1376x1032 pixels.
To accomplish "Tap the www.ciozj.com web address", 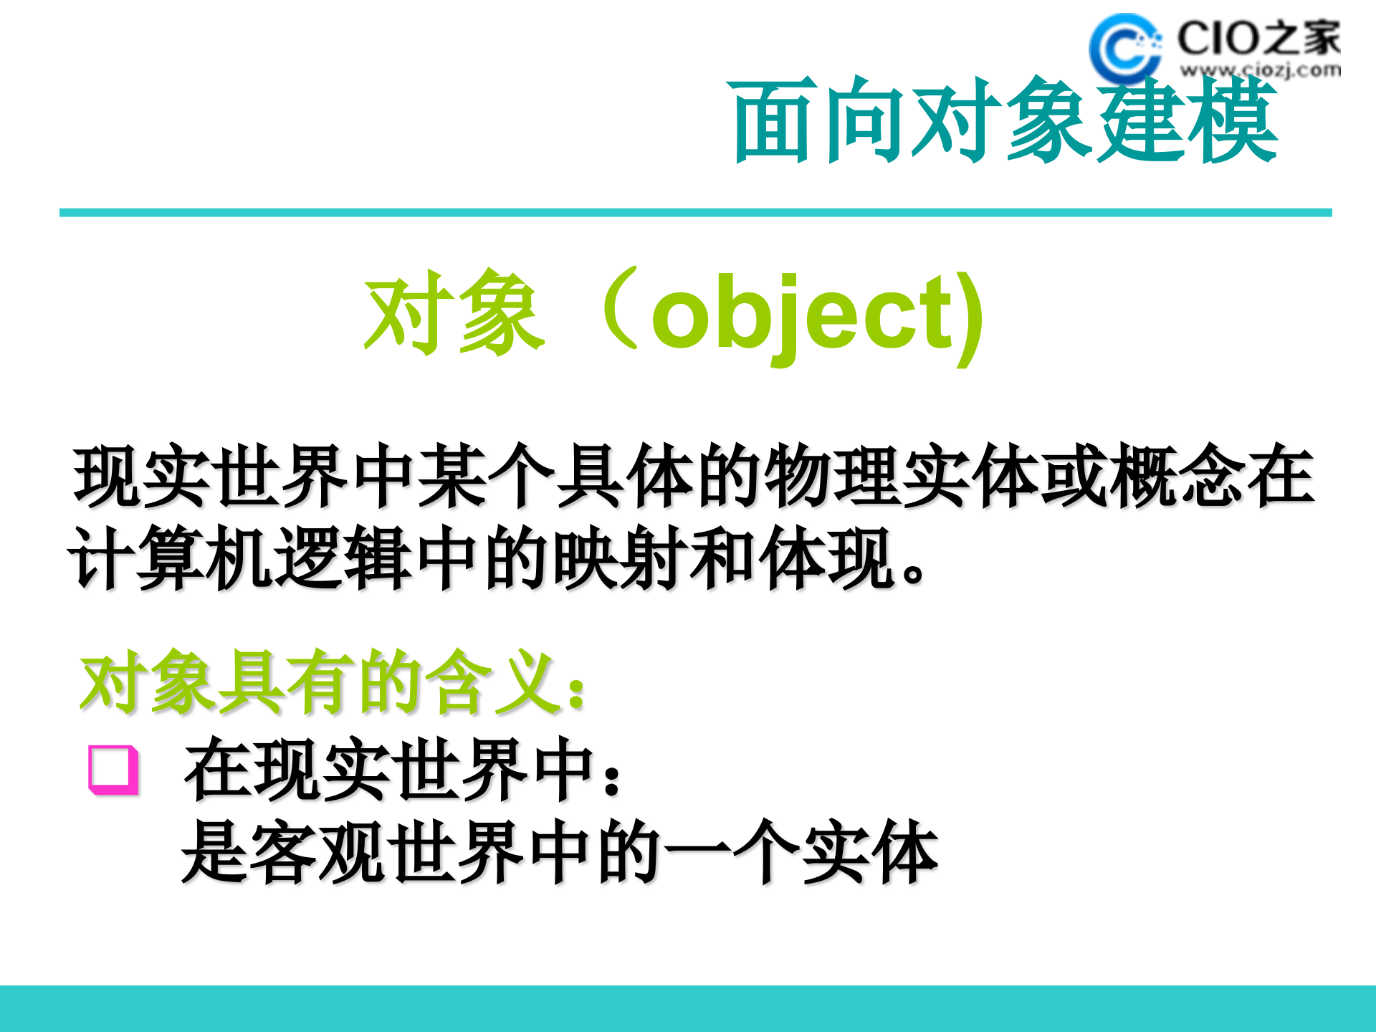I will coord(1260,70).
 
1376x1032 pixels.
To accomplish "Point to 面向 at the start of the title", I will coord(818,120).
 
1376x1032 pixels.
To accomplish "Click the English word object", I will coord(803,314).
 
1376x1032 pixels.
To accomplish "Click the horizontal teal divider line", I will coord(695,213).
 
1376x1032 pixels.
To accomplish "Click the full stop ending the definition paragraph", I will coord(914,573).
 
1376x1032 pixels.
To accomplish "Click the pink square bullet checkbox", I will coord(113,770).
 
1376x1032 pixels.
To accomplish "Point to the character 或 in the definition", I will coord(1074,475).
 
